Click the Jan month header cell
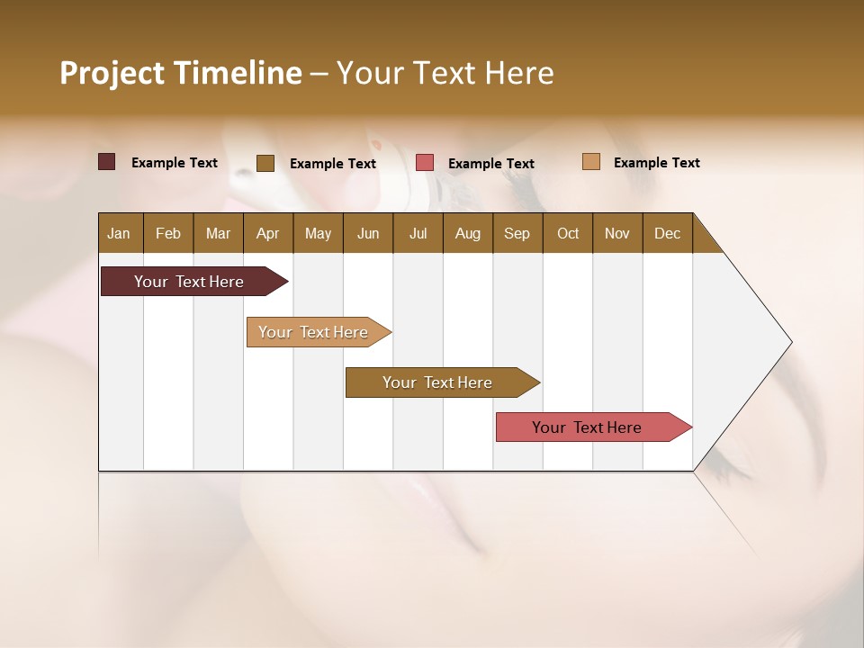120,233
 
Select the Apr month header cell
268,233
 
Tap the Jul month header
418,233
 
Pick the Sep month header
517,233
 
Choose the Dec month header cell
667,233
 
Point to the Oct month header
568,233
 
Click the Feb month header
168,233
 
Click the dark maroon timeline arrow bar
189,282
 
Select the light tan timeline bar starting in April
313,332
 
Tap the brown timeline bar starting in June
437,382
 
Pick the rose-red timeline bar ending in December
587,427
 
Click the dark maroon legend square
107,162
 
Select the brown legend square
265,163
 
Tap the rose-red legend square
425,163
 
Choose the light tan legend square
591,162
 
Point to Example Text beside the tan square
656,163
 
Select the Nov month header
617,233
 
